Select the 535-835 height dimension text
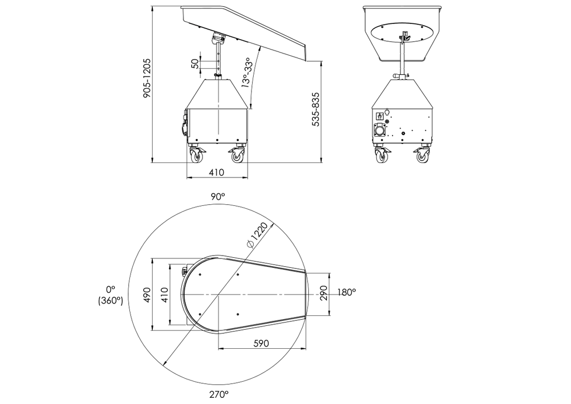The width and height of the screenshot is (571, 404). pos(316,110)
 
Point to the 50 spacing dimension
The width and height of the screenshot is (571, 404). pos(195,64)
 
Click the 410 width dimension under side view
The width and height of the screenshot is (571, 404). pos(216,172)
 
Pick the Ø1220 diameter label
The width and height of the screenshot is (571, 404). pos(258,234)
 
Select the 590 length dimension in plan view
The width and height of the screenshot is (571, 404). pos(260,343)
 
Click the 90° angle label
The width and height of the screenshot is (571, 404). pos(217,196)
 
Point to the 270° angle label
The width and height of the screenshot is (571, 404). pos(219,395)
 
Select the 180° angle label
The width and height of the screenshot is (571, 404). pos(346,291)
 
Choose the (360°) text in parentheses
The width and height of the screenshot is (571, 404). pos(108,300)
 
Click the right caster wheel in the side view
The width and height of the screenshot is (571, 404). pos(238,156)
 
